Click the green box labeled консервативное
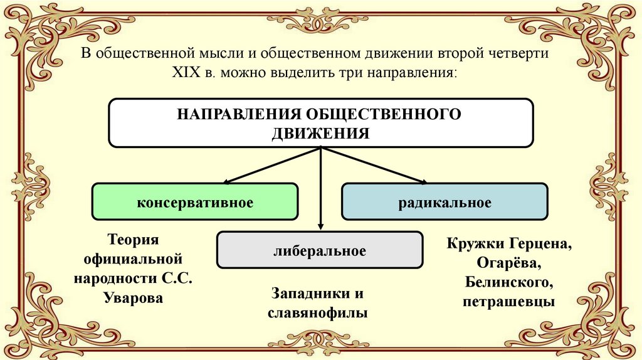(x=195, y=202)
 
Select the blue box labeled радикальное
(x=445, y=202)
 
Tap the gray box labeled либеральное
(x=320, y=250)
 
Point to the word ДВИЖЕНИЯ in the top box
(x=321, y=132)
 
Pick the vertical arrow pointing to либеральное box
(x=321, y=188)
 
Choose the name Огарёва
(x=508, y=262)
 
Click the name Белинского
(x=508, y=281)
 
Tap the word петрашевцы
(x=508, y=301)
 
